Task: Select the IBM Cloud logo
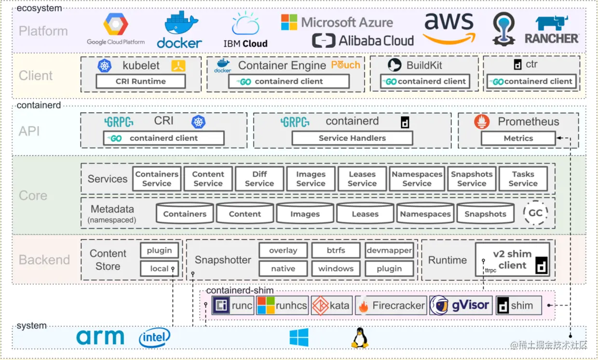pos(245,30)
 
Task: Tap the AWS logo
pos(449,28)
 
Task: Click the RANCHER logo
pos(552,30)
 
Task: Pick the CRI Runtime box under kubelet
pos(140,81)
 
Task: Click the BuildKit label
pos(424,65)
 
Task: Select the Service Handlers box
pos(352,138)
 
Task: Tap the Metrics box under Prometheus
pos(518,138)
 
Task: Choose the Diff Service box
pos(259,179)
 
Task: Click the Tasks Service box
pos(523,179)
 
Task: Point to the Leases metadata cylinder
pos(365,213)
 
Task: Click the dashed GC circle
pos(535,213)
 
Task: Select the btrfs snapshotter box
pos(336,251)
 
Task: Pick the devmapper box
pos(389,251)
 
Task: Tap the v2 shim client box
pos(512,260)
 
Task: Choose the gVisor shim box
pos(461,306)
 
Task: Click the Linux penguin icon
pos(359,338)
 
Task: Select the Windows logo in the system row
pos(299,337)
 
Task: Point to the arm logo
pos(100,337)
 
